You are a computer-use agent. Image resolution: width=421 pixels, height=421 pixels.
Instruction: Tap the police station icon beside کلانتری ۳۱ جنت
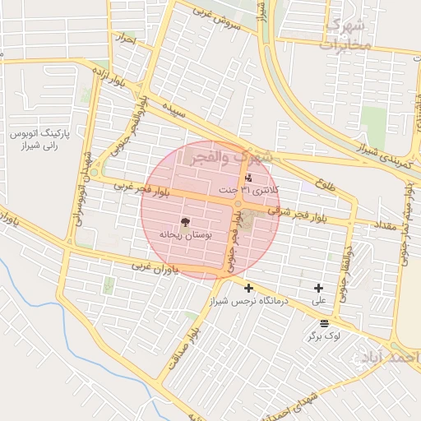point(249,178)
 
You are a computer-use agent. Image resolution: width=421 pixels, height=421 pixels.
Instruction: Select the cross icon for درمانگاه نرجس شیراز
point(248,288)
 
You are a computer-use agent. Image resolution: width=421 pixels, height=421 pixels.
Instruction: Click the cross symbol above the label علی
point(318,288)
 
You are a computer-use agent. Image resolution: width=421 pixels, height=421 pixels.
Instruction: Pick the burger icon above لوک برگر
point(324,323)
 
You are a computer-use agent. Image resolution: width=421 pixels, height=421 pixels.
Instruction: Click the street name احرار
point(125,39)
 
